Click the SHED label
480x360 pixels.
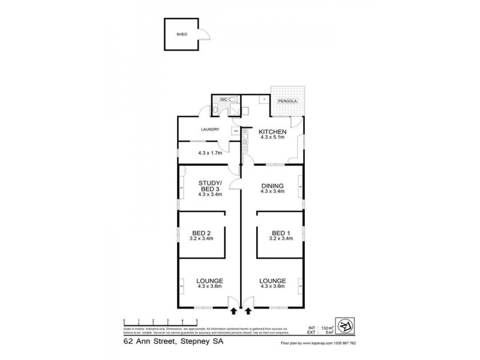(x=181, y=35)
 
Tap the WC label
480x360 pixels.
(x=223, y=98)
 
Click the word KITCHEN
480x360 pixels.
(x=272, y=131)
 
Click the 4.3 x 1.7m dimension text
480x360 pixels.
(x=209, y=152)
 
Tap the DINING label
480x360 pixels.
(x=272, y=186)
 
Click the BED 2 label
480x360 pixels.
(x=201, y=233)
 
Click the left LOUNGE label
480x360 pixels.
(x=210, y=281)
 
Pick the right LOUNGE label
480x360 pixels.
(x=272, y=281)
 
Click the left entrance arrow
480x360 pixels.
(x=233, y=311)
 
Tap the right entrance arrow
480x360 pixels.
(x=248, y=311)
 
